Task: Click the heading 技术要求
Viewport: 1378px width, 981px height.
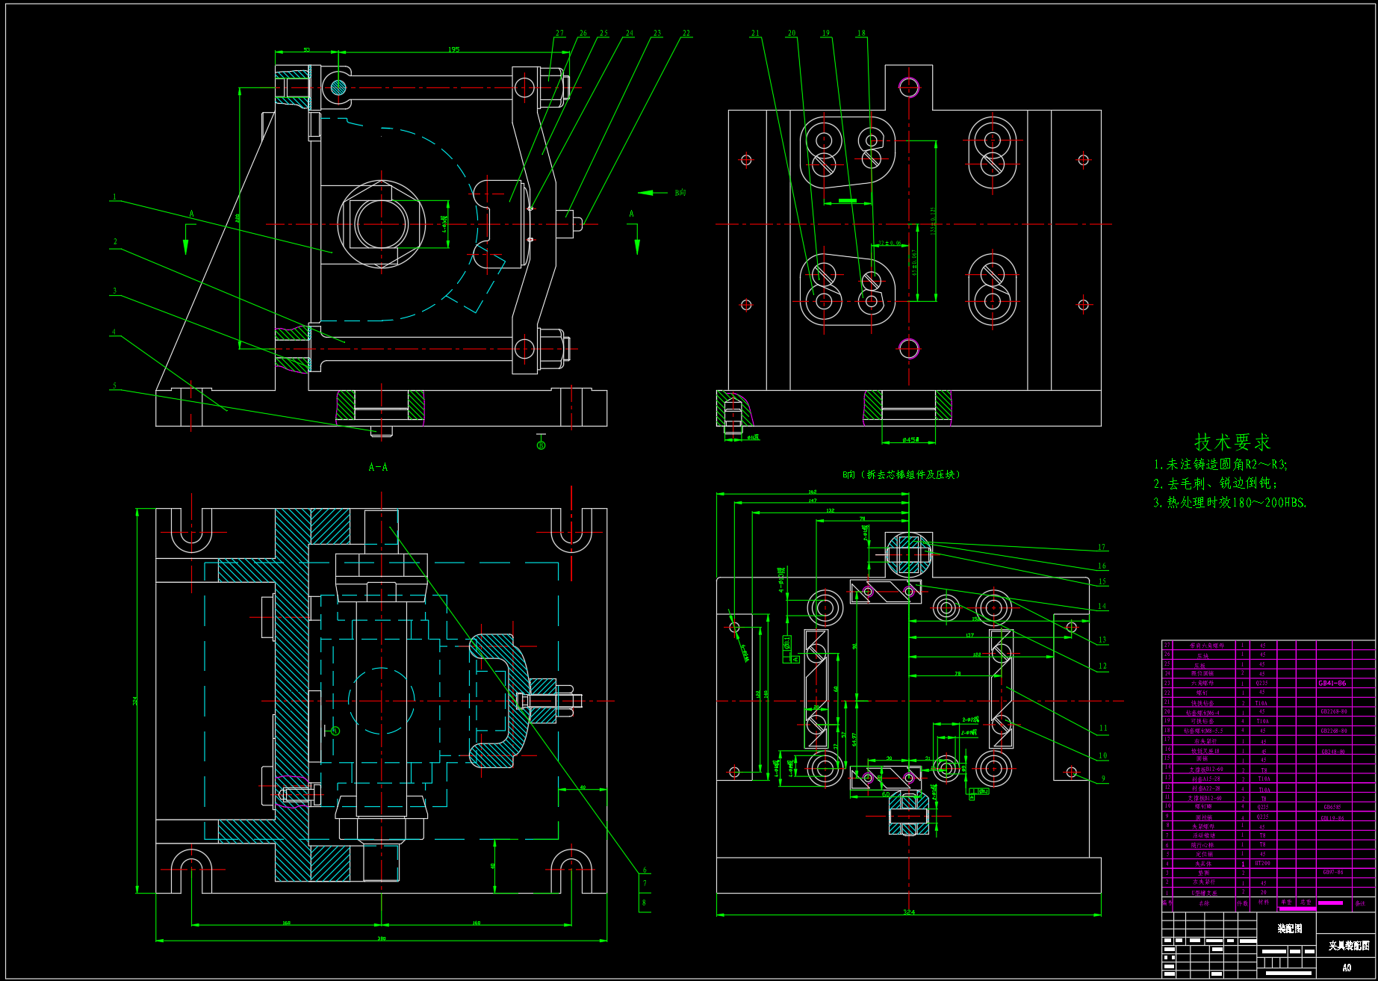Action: tap(1232, 442)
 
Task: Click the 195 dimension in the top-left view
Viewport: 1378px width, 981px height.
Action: tap(453, 49)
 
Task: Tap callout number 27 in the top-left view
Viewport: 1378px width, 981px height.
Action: tap(559, 34)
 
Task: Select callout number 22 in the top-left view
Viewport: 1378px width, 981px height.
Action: tap(686, 34)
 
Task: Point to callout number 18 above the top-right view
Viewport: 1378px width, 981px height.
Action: tap(861, 33)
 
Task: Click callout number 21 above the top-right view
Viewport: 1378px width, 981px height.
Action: tap(755, 33)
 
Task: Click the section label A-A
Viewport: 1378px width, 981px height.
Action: tap(378, 467)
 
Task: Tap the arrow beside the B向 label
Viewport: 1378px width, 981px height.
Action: tap(653, 193)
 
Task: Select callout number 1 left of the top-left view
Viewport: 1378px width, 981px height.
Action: tap(114, 197)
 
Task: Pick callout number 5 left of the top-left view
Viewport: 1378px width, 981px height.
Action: tap(114, 386)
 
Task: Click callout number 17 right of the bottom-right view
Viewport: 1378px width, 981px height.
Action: tap(1102, 547)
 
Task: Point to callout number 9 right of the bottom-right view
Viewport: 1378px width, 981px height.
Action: tap(1103, 779)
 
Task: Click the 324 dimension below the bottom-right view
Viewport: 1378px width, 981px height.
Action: tap(908, 912)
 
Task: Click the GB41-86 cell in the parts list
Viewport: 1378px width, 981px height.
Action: tap(1332, 683)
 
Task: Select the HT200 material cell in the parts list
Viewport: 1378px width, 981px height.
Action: tap(1262, 863)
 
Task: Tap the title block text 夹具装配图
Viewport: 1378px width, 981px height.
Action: tap(1348, 945)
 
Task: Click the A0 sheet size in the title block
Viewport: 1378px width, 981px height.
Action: tap(1347, 968)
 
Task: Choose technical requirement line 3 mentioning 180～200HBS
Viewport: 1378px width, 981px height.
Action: tap(1229, 503)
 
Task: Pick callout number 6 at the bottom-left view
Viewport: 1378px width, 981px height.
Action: tap(645, 870)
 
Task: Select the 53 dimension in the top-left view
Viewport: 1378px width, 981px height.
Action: tap(306, 50)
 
